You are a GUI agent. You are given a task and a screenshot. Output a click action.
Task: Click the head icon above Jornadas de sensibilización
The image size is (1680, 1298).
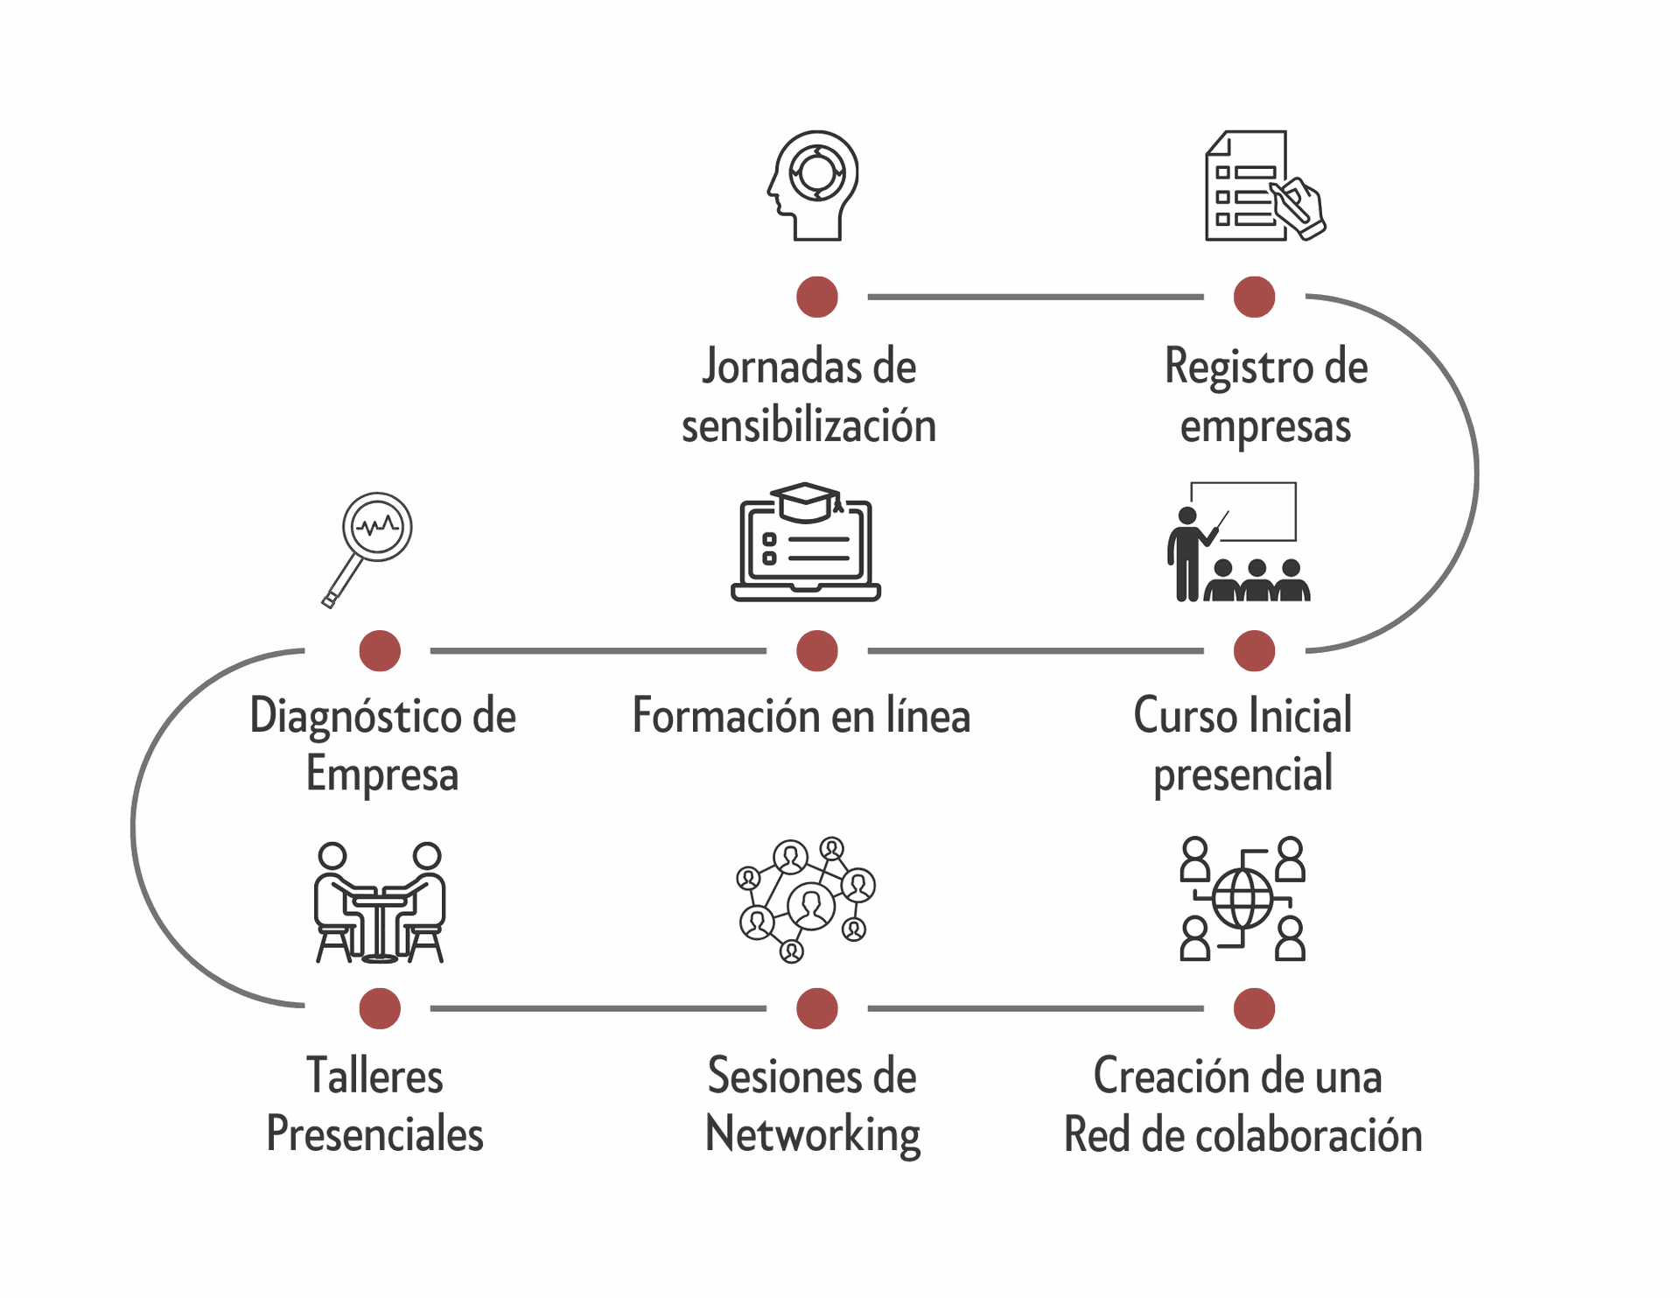pyautogui.click(x=814, y=186)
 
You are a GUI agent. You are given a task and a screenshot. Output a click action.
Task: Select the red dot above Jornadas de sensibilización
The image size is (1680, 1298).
pyautogui.click(x=817, y=297)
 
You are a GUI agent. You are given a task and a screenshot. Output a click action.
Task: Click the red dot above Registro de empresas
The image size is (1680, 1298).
pyautogui.click(x=1254, y=297)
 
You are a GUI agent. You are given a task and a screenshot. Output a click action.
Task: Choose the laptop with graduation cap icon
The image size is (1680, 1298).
pyautogui.click(x=806, y=543)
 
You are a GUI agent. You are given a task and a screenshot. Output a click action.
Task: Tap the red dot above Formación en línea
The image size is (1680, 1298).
pyautogui.click(x=817, y=650)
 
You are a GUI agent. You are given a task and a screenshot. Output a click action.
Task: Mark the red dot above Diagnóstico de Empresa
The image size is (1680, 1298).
pyautogui.click(x=380, y=650)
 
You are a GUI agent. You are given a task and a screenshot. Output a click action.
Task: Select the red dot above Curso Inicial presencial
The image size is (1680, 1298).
pyautogui.click(x=1254, y=650)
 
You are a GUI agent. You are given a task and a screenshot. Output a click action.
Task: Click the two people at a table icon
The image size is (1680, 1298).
pyautogui.click(x=380, y=902)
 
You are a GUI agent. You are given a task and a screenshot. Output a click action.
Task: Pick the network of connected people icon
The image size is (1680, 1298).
pyautogui.click(x=806, y=900)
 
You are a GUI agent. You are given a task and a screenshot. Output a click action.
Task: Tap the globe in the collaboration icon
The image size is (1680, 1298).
pyautogui.click(x=1242, y=899)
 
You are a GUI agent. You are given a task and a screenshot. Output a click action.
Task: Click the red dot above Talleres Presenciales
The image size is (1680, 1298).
pyautogui.click(x=380, y=1008)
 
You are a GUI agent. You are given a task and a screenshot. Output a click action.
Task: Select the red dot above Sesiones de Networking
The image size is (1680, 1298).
pyautogui.click(x=817, y=1008)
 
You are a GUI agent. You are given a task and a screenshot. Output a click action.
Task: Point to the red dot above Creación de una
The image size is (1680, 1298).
pyautogui.click(x=1254, y=1008)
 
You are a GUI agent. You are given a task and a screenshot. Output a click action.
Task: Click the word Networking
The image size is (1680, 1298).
pyautogui.click(x=813, y=1135)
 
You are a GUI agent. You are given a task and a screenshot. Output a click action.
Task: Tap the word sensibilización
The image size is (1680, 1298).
pyautogui.click(x=809, y=426)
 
